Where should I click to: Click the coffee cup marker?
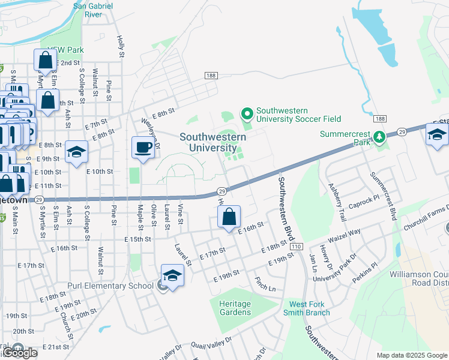click(x=143, y=148)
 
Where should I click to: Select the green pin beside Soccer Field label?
click(x=246, y=112)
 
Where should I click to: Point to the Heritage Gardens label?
click(x=235, y=308)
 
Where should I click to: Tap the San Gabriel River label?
click(x=92, y=10)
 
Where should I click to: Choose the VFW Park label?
click(x=67, y=50)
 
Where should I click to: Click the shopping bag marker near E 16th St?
click(x=229, y=217)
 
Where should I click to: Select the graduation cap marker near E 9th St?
click(x=77, y=152)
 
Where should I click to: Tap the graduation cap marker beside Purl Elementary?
click(x=172, y=276)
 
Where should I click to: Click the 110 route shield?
click(x=295, y=247)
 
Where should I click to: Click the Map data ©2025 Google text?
click(x=412, y=355)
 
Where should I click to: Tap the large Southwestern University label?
click(x=212, y=142)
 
